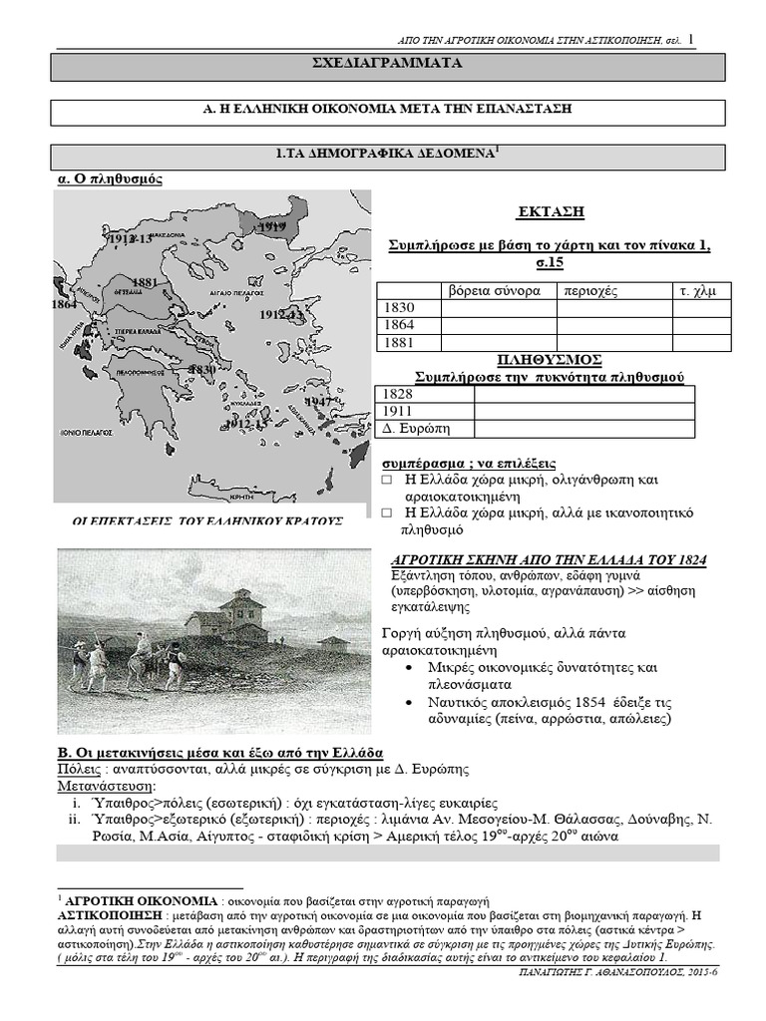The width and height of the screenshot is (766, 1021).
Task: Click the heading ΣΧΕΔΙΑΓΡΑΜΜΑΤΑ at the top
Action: coord(388,65)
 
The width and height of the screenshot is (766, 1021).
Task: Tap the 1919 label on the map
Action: coord(271,227)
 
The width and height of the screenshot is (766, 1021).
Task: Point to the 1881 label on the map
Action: coord(146,282)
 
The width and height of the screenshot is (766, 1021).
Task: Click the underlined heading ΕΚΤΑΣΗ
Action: coord(550,212)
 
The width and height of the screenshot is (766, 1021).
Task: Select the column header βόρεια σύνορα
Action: coord(498,290)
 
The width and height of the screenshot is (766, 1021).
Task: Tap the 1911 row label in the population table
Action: coord(398,411)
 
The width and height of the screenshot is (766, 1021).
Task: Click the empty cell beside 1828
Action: coord(582,394)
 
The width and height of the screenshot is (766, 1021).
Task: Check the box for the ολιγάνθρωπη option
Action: coord(388,480)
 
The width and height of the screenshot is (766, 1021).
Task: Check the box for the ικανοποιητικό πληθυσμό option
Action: coord(388,512)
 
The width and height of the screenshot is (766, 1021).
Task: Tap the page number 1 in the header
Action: coord(691,39)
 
